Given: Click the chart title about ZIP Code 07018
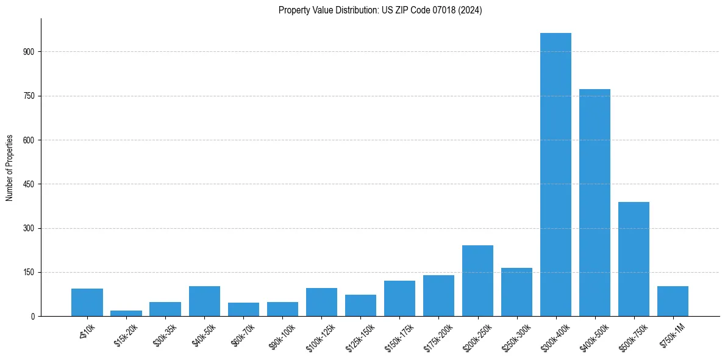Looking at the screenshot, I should (x=380, y=10).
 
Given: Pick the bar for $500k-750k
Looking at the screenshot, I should (x=634, y=259).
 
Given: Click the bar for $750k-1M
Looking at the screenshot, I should (x=673, y=301).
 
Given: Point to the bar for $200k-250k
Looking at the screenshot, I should (x=477, y=281).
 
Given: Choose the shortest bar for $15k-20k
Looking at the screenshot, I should (x=126, y=313).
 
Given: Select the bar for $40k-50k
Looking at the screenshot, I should (x=204, y=301).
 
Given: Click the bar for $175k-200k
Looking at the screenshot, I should (x=438, y=295).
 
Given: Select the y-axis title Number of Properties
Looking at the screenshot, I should (x=10, y=168).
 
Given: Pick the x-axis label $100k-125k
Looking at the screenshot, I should (x=319, y=335).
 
